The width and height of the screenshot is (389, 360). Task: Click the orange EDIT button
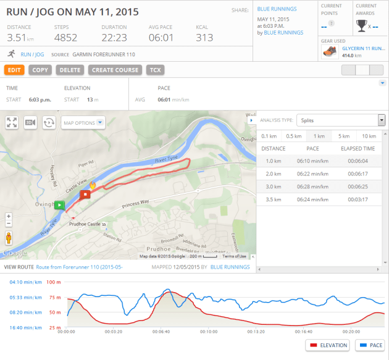point(14,70)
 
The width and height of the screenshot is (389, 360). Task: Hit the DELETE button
point(69,70)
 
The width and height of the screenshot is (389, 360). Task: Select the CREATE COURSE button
point(114,70)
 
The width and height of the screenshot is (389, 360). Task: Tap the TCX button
point(154,70)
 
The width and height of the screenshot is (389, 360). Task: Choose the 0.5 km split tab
point(293,136)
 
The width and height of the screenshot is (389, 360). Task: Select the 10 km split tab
point(369,136)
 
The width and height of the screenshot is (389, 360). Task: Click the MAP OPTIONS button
point(83,123)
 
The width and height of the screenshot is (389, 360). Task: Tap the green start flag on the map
point(59,205)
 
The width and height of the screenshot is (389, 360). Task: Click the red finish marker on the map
point(85,194)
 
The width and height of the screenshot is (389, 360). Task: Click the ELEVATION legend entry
point(327,345)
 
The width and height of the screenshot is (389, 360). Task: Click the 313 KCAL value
point(204,38)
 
